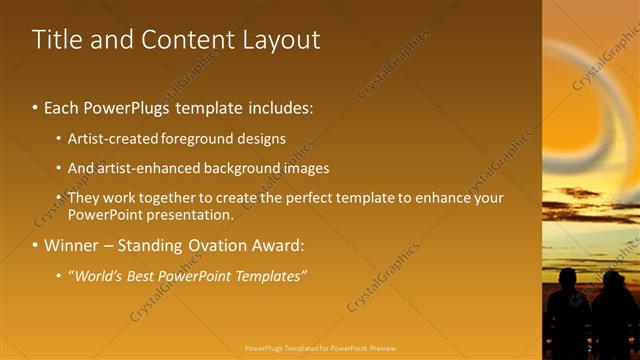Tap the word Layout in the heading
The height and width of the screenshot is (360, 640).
coord(281,40)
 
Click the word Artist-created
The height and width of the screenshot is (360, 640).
coord(112,138)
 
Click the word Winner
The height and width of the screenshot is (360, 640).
coord(71,245)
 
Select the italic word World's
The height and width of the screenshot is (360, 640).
coord(101,275)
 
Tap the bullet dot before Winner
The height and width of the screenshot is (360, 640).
coord(35,246)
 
